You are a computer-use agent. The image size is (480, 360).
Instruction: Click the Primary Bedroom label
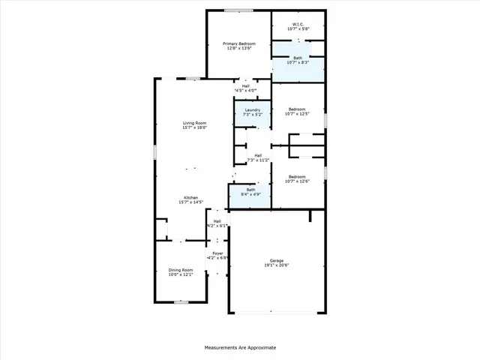click(239, 44)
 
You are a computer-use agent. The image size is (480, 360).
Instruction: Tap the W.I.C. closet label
click(298, 24)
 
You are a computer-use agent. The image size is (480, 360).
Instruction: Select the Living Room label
click(194, 123)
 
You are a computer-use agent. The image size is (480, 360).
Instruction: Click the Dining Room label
click(180, 270)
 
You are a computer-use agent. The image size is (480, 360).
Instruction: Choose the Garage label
click(277, 261)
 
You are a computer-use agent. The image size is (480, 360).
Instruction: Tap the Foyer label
click(217, 253)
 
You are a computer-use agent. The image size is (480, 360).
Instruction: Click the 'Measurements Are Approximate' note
click(240, 348)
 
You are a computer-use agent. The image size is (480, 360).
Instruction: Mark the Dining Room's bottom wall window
click(180, 302)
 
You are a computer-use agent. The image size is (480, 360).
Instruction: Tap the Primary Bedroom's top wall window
click(238, 10)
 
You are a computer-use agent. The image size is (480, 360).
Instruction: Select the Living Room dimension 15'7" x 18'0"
click(194, 128)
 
